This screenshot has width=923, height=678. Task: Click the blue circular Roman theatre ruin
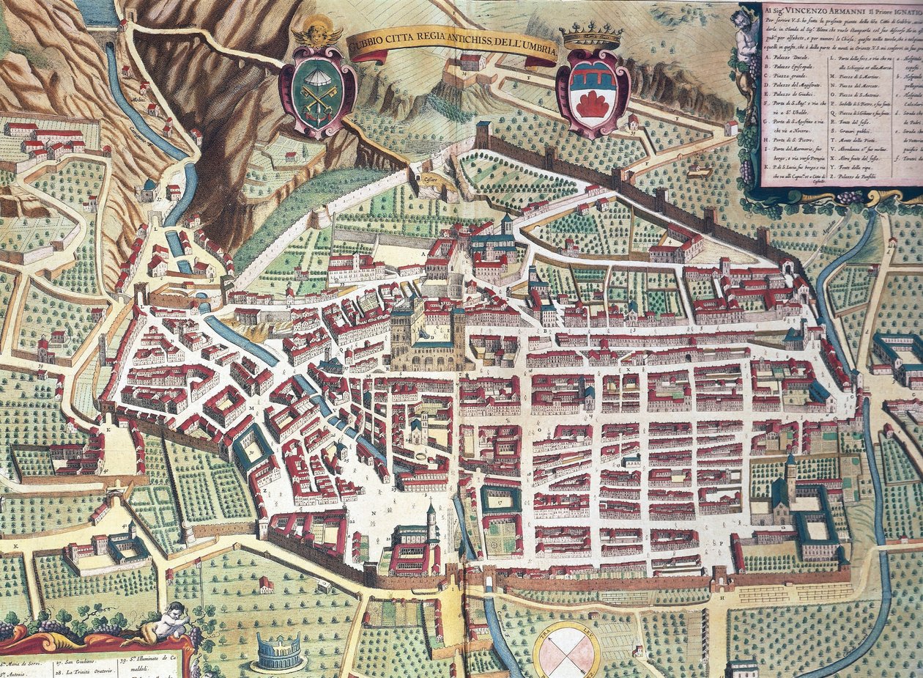278,651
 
